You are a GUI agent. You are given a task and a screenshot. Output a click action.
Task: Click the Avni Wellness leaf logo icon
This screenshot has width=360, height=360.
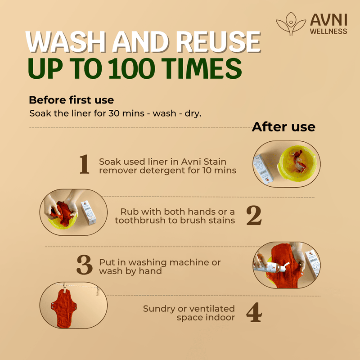tap(291, 24)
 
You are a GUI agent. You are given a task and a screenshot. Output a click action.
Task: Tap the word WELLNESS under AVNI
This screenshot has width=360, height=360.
tap(328, 31)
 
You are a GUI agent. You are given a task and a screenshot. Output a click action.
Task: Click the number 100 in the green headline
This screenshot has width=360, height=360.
tap(131, 68)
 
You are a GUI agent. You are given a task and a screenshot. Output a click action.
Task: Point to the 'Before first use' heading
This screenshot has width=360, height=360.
tap(72, 100)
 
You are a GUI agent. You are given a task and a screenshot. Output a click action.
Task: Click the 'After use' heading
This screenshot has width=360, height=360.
tap(283, 127)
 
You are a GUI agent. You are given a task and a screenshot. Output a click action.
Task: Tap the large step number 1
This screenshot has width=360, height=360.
tap(84, 164)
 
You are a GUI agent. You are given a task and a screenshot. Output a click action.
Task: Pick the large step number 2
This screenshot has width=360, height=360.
tap(254, 215)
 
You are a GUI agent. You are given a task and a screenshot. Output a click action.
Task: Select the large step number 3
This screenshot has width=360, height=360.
tap(85, 265)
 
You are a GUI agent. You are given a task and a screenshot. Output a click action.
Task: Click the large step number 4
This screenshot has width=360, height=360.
tap(254, 312)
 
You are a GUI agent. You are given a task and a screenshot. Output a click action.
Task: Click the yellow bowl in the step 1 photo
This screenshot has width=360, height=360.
tap(297, 163)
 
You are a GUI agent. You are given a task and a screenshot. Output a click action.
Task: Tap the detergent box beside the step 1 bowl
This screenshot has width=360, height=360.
tap(263, 170)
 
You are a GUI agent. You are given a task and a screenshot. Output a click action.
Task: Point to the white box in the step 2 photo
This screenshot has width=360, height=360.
tap(88, 212)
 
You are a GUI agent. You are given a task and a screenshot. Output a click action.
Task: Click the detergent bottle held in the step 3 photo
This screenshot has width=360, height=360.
tap(270, 266)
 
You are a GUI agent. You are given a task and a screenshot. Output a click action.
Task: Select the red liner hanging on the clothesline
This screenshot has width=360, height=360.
tap(64, 308)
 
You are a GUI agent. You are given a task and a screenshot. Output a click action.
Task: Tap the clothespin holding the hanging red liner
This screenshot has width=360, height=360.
tap(65, 288)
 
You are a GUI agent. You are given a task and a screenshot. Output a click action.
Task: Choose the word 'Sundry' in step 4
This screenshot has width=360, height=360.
tap(159, 309)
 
